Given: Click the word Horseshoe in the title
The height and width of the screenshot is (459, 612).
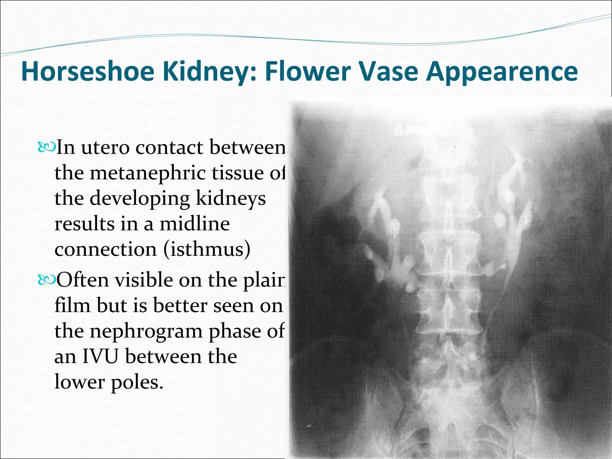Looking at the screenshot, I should click(x=88, y=72).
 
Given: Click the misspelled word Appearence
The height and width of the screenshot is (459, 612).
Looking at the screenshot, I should click(x=502, y=72).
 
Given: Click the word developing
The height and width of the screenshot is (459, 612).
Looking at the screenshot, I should click(x=140, y=199).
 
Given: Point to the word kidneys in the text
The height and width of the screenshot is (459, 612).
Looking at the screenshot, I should click(x=231, y=199).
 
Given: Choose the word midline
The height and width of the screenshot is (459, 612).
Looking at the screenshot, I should click(x=195, y=224).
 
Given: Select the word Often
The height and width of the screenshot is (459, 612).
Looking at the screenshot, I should click(x=83, y=280).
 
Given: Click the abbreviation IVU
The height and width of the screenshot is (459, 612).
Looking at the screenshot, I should click(x=100, y=357).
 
